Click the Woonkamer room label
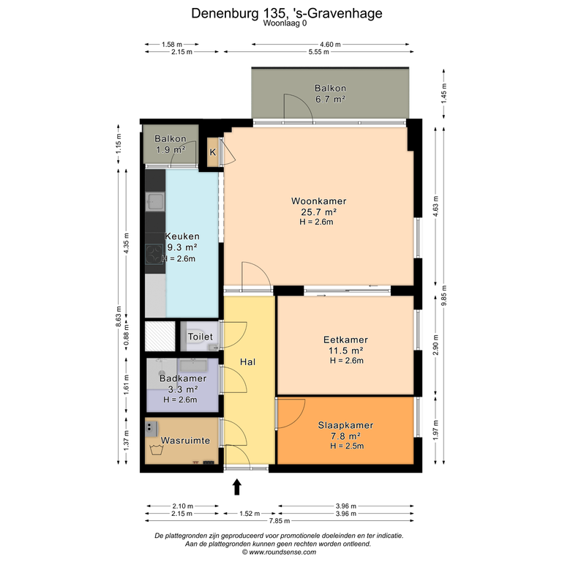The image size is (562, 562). (x=318, y=201)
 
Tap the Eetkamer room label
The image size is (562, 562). (x=345, y=340)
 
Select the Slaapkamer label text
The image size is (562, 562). (x=345, y=425)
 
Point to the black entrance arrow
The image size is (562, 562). (x=237, y=487)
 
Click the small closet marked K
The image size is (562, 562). (x=213, y=152)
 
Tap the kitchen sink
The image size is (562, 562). (x=155, y=201)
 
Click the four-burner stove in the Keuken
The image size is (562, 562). (x=154, y=254)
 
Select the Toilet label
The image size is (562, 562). (x=201, y=337)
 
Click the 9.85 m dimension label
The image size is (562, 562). (x=444, y=296)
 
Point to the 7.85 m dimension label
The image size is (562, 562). (x=280, y=521)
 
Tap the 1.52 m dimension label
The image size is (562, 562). (x=250, y=514)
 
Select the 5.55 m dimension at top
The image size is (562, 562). (x=318, y=52)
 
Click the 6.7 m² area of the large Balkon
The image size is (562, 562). (x=330, y=100)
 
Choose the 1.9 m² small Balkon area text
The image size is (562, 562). (x=171, y=150)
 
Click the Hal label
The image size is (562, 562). (x=247, y=362)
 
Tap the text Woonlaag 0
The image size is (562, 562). (x=285, y=23)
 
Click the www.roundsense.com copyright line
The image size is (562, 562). (x=280, y=552)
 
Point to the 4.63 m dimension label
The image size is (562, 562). (x=436, y=206)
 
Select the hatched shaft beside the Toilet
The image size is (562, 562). (x=160, y=336)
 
